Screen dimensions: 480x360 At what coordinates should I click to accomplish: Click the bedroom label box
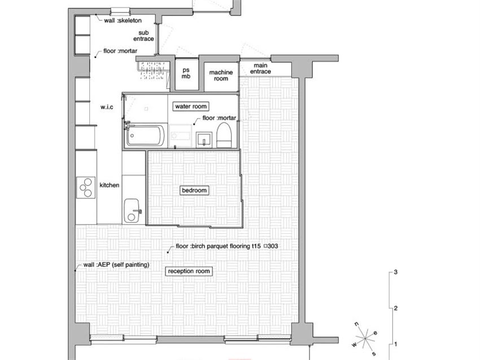pos(194,190)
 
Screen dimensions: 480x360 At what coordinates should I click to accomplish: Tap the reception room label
pos(189,271)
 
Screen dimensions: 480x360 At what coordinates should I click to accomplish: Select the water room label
pos(191,106)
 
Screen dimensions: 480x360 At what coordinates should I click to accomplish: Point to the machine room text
pos(221,75)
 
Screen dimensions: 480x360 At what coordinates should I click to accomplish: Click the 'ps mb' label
pos(186,73)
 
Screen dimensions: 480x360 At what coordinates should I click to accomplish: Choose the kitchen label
pos(110,185)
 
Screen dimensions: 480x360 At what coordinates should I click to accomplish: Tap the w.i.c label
pos(107,107)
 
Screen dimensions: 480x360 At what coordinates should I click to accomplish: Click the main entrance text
pos(260,68)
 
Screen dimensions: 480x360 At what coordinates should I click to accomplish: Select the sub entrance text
pos(143,36)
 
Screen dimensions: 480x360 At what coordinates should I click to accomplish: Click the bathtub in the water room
pos(146,135)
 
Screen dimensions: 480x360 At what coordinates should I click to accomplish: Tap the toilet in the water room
pos(224,135)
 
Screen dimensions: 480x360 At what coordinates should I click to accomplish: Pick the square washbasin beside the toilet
pos(204,140)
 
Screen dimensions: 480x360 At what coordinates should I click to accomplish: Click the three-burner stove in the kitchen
pos(86,188)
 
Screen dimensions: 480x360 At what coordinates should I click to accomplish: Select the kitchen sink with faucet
pos(132,210)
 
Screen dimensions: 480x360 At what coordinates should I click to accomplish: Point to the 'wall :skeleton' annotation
pos(123,20)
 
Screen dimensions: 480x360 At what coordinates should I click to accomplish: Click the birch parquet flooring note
pos(227,246)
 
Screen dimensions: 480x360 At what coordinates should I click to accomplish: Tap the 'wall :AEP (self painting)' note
pos(116,264)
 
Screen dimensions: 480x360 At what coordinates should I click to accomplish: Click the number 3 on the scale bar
pos(396,272)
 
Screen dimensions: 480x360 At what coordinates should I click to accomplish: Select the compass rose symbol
pos(365,339)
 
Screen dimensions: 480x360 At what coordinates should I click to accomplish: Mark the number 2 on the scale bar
pos(396,308)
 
